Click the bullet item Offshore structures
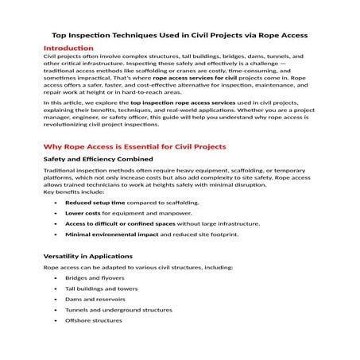93,319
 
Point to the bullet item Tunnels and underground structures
118,309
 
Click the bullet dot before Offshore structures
55,319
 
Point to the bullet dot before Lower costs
55,213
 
